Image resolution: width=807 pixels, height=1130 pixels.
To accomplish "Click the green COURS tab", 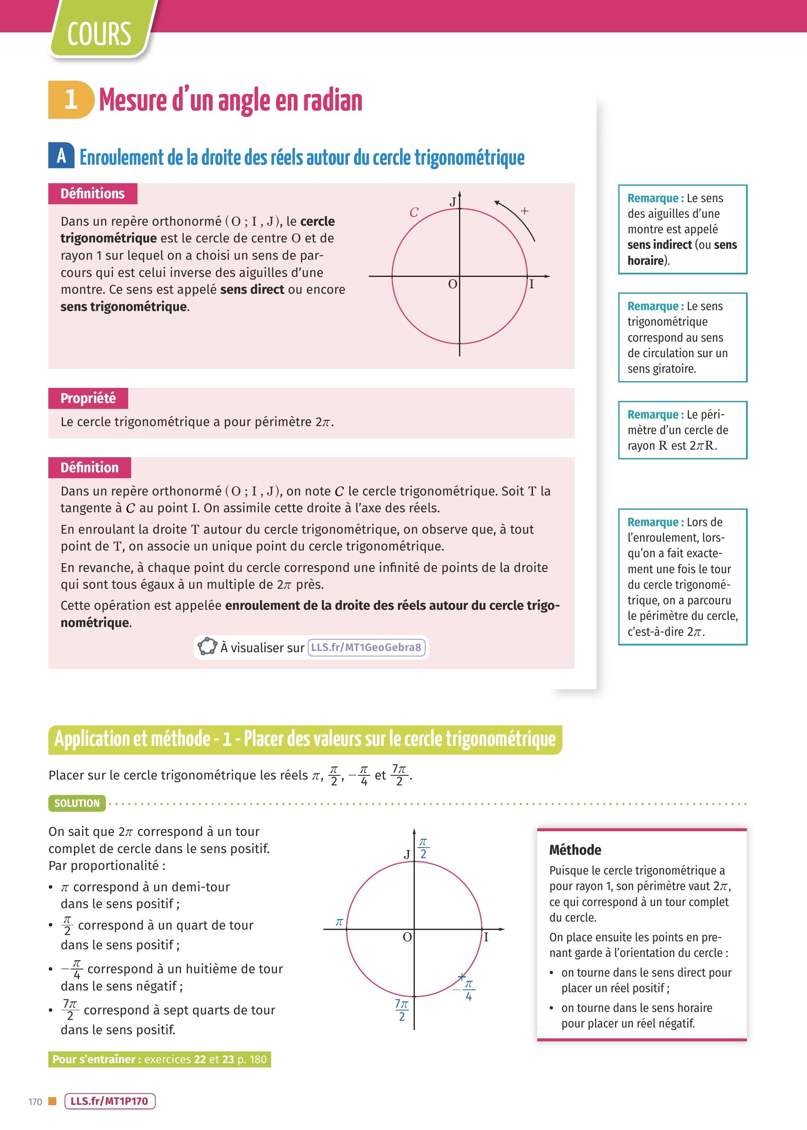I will pyautogui.click(x=99, y=34).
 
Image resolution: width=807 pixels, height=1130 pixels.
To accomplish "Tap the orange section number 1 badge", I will pyautogui.click(x=71, y=99).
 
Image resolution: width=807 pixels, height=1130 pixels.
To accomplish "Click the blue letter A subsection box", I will pyautogui.click(x=61, y=155).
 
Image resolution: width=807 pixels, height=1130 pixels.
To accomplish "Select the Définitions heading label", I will pyautogui.click(x=92, y=194).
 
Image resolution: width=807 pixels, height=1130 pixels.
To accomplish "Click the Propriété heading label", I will pyautogui.click(x=88, y=398).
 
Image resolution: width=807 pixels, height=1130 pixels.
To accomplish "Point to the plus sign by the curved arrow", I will pyautogui.click(x=524, y=211).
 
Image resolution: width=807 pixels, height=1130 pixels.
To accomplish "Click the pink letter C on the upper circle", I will pyautogui.click(x=414, y=213).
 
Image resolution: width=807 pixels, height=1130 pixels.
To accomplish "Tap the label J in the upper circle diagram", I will pyautogui.click(x=453, y=202).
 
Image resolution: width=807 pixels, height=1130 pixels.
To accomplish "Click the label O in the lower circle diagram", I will pyautogui.click(x=407, y=937).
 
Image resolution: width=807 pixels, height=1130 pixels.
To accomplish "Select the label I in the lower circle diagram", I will pyautogui.click(x=486, y=937).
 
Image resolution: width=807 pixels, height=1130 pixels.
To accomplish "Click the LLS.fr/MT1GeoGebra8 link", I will pyautogui.click(x=366, y=647).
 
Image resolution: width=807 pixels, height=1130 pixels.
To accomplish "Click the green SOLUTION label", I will pyautogui.click(x=77, y=803).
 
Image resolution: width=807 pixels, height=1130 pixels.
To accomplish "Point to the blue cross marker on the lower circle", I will pyautogui.click(x=462, y=977).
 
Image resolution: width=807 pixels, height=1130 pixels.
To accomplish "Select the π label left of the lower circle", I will pyautogui.click(x=339, y=922).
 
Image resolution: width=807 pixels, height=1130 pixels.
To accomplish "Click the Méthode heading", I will pyautogui.click(x=575, y=850).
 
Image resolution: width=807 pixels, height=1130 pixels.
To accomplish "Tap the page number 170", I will pyautogui.click(x=35, y=1102).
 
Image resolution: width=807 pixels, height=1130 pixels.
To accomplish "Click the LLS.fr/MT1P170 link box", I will pyautogui.click(x=110, y=1101).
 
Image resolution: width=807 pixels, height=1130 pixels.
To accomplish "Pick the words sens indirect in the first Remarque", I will pyautogui.click(x=659, y=245).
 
